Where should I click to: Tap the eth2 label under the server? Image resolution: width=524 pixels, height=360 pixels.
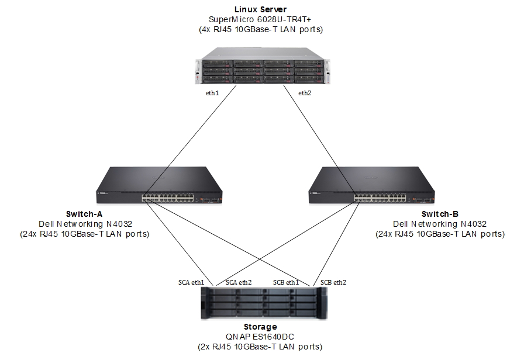[305, 92]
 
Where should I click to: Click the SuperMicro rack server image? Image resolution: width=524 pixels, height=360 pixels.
[263, 70]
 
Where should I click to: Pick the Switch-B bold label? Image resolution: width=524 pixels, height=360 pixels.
[440, 213]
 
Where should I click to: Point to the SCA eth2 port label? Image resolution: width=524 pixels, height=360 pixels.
[239, 282]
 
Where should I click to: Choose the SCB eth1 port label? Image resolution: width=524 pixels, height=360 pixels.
[286, 282]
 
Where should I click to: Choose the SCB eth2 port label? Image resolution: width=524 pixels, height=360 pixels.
[332, 282]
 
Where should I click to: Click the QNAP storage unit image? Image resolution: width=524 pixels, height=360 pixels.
[263, 304]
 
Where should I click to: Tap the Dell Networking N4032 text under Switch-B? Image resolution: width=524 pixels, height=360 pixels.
[440, 223]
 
